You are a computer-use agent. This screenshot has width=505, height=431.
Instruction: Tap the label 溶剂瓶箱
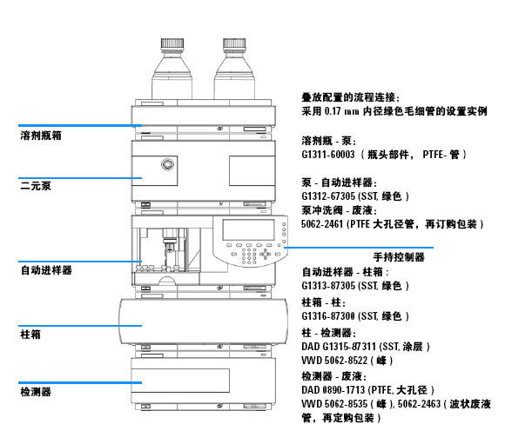pos(41,136)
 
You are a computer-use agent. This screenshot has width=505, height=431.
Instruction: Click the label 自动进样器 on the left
pos(46,270)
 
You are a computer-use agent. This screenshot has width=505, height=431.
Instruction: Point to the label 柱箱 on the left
pos(30,334)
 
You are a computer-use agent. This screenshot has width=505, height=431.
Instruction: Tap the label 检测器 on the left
pos(36,393)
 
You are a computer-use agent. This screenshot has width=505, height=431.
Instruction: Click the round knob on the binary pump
pos(165,164)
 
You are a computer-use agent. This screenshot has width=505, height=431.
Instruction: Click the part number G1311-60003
pos(329,154)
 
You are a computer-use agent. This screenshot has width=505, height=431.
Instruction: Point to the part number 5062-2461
pos(327,223)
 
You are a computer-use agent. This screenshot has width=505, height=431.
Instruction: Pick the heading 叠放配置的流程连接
pos(356,99)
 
